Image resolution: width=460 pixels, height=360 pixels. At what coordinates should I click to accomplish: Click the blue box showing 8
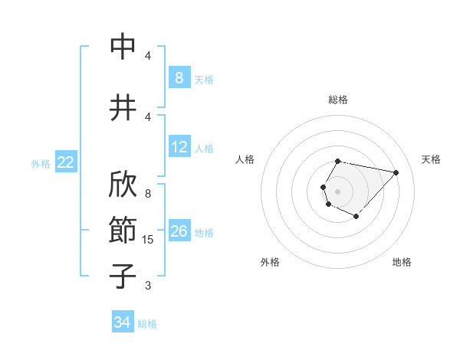pos(179,77)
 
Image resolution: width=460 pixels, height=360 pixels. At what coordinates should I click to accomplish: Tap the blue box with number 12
pos(179,147)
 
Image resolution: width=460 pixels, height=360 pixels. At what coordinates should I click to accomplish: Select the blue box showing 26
pos(179,231)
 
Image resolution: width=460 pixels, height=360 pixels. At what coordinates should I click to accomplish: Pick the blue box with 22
pos(66,162)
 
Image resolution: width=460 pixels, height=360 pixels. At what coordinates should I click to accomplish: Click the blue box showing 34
pos(122,323)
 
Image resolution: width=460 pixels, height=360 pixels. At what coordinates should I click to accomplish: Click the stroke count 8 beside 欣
pos(148,194)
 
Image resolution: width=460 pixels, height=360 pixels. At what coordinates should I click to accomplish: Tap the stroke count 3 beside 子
pos(148,286)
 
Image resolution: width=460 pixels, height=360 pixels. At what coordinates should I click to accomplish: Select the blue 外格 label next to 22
pos(41,163)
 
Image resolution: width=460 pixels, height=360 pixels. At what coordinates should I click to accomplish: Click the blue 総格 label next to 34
pos(147,324)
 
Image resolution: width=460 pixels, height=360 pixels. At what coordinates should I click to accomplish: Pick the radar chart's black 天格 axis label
pos(432,159)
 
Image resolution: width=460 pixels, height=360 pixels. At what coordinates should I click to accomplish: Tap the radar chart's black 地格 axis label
pos(402,262)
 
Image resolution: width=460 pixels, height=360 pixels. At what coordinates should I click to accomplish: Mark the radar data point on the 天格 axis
pos(396,172)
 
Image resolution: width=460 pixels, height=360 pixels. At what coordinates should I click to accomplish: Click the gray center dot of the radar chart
pos(337,190)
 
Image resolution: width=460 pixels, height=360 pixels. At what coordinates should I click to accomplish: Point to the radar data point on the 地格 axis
pos(356,217)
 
